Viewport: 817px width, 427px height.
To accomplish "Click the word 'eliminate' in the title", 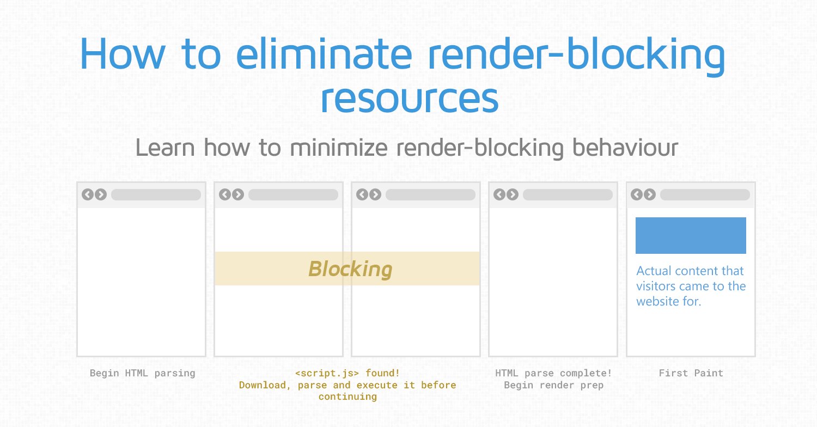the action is pyautogui.click(x=324, y=53).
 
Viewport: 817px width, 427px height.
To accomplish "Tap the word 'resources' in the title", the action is pyautogui.click(x=410, y=99).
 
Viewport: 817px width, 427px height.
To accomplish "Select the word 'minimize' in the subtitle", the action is pyautogui.click(x=338, y=148).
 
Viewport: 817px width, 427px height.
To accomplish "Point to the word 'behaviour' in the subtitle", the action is pyautogui.click(x=625, y=148).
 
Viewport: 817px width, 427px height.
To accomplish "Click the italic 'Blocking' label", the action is pyautogui.click(x=350, y=270).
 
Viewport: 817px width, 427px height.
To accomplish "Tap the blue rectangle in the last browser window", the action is pyautogui.click(x=691, y=236).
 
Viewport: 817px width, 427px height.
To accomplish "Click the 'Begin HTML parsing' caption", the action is pyautogui.click(x=143, y=374).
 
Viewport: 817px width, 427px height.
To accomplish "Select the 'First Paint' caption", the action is pyautogui.click(x=691, y=373).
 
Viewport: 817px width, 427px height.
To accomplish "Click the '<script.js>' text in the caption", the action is pyautogui.click(x=327, y=374).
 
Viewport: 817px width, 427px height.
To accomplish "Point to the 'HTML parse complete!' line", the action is pyautogui.click(x=553, y=373).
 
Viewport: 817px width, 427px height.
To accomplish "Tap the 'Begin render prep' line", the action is pyautogui.click(x=554, y=385).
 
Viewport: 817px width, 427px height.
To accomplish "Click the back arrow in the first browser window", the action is pyautogui.click(x=88, y=194).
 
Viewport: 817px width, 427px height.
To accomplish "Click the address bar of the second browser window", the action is pyautogui.click(x=293, y=195).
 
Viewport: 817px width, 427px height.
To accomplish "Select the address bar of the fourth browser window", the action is pyautogui.click(x=568, y=195).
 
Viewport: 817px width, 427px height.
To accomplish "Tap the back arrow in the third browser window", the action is pyautogui.click(x=362, y=194).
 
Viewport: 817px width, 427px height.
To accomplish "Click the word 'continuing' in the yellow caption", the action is pyautogui.click(x=347, y=396).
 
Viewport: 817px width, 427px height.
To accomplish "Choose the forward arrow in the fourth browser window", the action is pyautogui.click(x=513, y=194).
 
